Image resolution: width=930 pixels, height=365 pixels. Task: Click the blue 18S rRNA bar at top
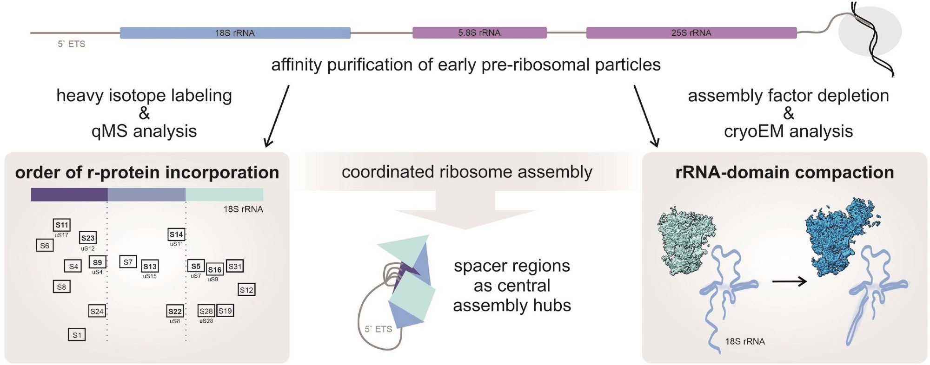point(235,33)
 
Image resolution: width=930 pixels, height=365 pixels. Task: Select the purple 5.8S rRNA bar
point(479,33)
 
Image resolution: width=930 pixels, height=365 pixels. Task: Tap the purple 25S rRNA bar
point(691,33)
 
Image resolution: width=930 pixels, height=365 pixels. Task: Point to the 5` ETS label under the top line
point(71,44)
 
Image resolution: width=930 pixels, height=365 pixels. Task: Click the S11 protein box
point(62,225)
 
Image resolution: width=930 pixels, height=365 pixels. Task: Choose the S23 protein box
point(87,238)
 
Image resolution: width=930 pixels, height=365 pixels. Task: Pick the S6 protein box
point(45,246)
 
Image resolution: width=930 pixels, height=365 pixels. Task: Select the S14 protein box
point(176,235)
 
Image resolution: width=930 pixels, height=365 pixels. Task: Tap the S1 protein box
point(77,335)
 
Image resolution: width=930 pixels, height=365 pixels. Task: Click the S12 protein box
point(246,290)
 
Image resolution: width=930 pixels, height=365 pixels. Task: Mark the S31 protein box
point(235,266)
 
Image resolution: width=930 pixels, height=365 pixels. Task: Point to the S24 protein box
point(97,311)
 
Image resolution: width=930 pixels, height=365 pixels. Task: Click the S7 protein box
point(128,262)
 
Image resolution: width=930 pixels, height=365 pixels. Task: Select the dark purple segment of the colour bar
point(69,195)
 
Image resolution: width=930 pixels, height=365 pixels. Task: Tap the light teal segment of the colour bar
point(224,195)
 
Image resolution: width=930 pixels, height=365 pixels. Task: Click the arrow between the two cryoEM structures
point(789,281)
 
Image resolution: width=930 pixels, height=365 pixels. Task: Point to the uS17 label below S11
point(61,235)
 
